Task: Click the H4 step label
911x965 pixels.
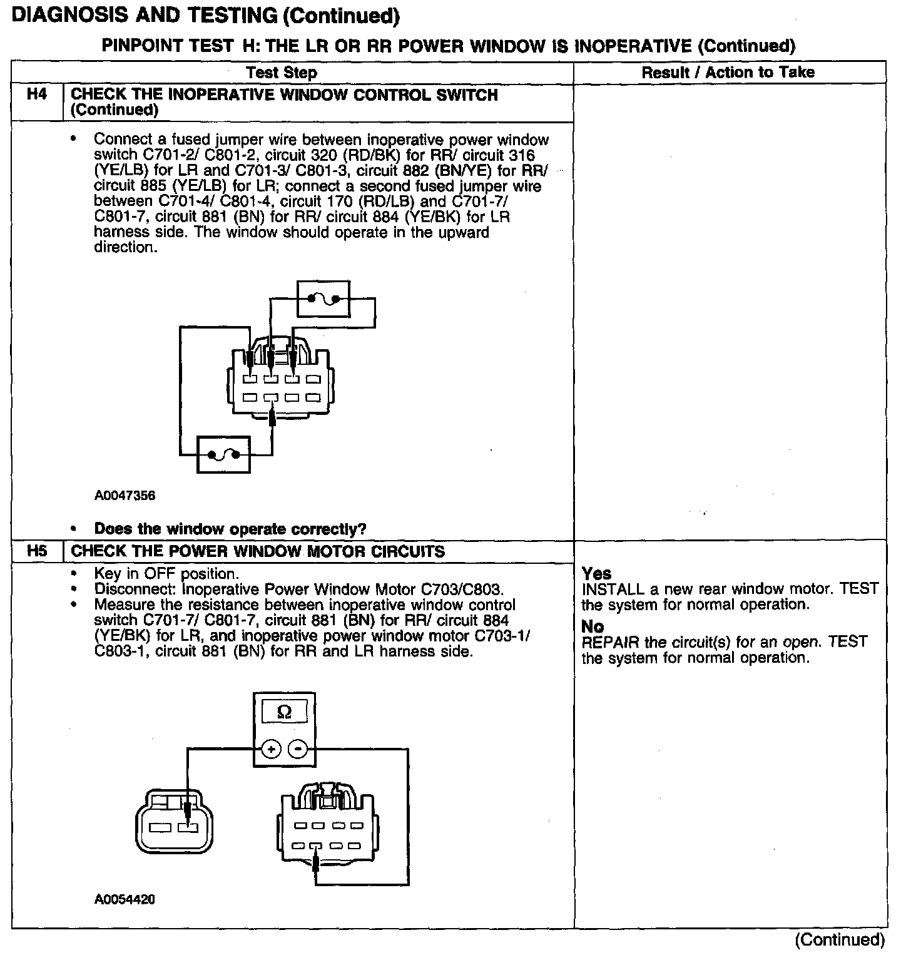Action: pos(37,96)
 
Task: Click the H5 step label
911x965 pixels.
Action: pos(37,552)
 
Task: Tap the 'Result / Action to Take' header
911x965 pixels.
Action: pos(728,73)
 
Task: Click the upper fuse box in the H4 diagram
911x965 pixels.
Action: pos(323,299)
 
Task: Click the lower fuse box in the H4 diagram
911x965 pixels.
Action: pos(223,455)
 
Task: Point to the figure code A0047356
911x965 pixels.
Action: pos(125,496)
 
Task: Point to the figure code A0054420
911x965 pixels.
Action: pos(125,900)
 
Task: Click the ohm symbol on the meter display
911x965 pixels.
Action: pos(284,712)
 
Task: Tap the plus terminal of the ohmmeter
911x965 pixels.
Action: pos(271,748)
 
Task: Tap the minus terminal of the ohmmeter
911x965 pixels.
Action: pos(298,748)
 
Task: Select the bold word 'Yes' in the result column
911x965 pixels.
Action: pos(596,573)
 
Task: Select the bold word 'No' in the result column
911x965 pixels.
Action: pos(593,626)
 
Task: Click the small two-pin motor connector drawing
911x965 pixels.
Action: pos(174,826)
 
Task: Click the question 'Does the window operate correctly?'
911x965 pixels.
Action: pos(230,529)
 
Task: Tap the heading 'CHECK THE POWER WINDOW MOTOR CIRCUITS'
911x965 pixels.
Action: pos(258,552)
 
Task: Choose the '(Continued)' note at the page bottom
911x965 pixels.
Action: pos(840,940)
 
